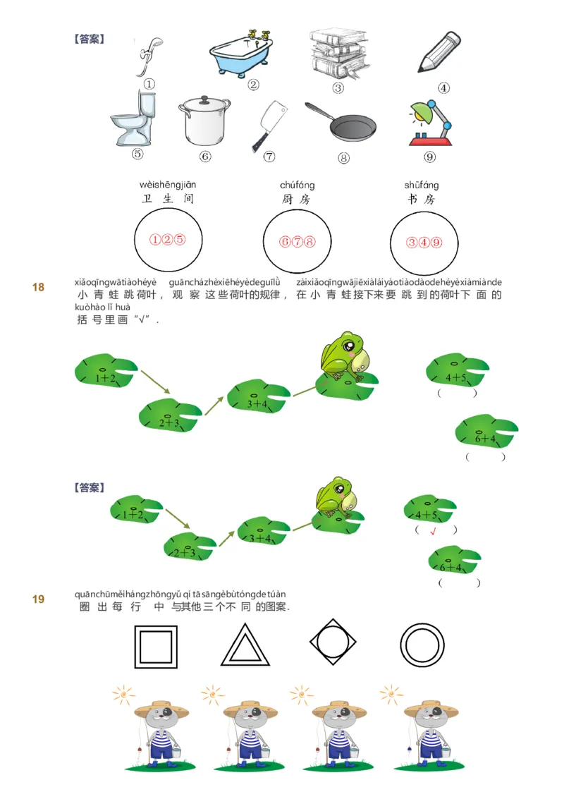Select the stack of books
pos(338,53)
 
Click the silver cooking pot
pos(205,121)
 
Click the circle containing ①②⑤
pos(168,240)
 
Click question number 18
pos(38,287)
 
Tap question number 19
pos(38,599)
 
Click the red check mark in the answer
pos(434,530)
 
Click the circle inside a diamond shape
pos(333,642)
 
